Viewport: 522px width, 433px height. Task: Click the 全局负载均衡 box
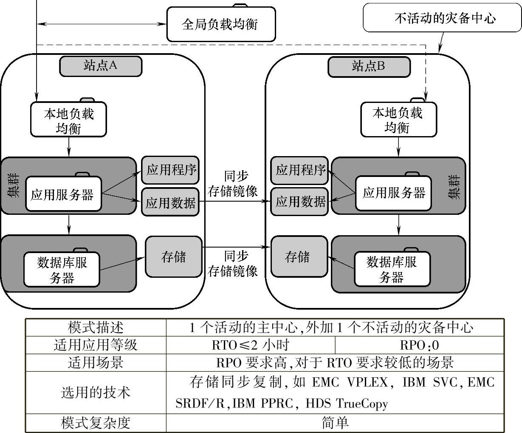coord(220,24)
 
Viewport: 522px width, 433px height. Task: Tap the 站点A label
coord(100,66)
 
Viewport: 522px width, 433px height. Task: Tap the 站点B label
coord(369,66)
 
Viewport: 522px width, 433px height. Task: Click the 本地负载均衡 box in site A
coord(68,120)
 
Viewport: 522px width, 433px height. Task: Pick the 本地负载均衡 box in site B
coord(398,120)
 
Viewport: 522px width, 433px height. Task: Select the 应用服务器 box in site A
coord(63,195)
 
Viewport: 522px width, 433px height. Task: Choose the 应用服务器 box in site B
coord(393,193)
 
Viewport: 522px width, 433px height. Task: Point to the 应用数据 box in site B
coord(299,201)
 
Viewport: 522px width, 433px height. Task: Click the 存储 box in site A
coord(173,257)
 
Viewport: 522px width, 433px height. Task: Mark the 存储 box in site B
coord(299,257)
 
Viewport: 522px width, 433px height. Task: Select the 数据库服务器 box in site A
coord(62,270)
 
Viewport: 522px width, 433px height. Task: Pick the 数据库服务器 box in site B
coord(392,269)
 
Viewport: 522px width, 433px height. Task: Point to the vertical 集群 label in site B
coord(454,187)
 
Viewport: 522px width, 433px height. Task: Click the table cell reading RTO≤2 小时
coord(251,345)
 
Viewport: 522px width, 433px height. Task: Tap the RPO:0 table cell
coord(419,345)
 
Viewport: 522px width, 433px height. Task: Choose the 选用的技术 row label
coord(96,392)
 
